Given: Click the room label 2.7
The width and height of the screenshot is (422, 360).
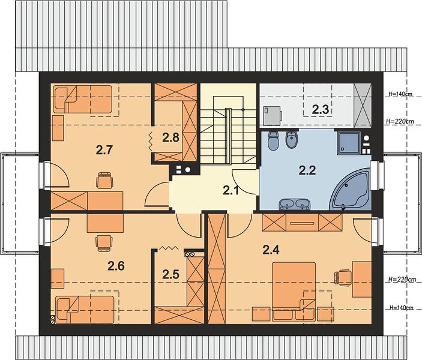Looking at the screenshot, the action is tap(104, 150).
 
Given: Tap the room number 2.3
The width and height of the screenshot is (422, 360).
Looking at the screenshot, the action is tap(321, 110).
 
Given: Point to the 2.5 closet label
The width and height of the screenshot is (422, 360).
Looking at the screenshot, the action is tap(170, 274).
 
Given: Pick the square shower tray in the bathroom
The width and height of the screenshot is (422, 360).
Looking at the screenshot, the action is tap(348, 143).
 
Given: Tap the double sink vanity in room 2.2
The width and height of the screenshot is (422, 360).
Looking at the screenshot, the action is tap(295, 204).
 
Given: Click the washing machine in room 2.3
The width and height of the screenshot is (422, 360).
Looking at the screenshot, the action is tap(273, 115).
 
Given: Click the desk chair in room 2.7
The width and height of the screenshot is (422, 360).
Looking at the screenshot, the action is tap(104, 180).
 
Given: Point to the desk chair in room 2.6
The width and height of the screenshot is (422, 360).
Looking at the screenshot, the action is tap(104, 243).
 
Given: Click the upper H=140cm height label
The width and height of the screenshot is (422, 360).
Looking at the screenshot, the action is tap(400, 94).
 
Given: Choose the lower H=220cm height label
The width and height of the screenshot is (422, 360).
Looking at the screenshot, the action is tap(401, 280).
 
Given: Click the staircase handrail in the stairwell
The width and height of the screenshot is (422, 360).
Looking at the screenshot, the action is tap(228, 136).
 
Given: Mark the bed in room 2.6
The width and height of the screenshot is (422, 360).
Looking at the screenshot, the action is tap(85, 310).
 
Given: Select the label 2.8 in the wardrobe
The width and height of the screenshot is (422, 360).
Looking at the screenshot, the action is tap(170, 137).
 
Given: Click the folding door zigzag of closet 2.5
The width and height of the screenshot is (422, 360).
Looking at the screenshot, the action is tap(168, 248).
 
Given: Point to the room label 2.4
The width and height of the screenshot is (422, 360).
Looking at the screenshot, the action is tap(271, 250).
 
